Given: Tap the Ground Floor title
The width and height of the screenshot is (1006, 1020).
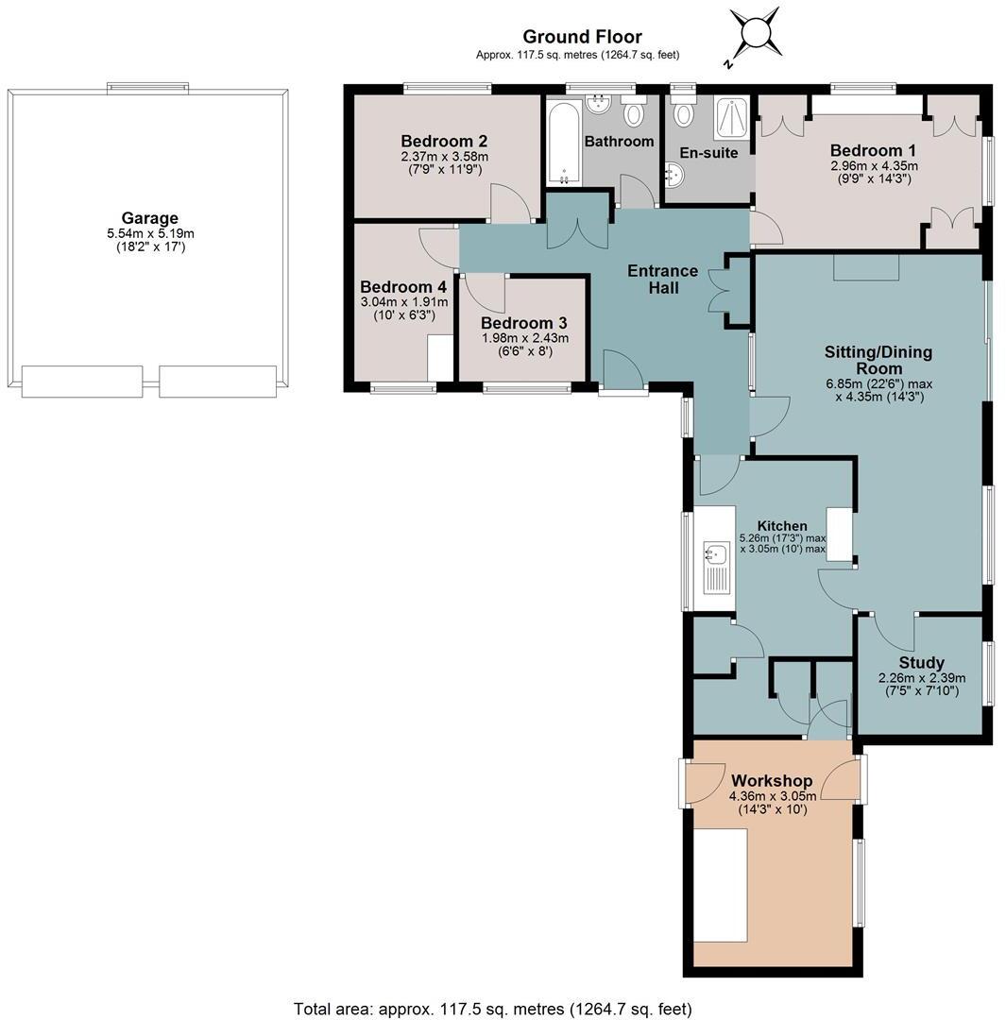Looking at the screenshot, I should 582,37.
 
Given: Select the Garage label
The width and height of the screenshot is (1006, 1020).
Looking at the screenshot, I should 149,218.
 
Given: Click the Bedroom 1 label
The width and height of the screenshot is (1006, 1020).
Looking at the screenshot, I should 873,150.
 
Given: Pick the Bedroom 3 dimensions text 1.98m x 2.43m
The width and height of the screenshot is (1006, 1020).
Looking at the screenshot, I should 524,337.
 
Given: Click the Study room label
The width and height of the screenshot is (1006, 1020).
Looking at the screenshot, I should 921,663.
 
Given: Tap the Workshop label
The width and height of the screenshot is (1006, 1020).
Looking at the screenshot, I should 772,781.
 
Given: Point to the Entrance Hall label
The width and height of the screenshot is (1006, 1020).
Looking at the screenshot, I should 663,279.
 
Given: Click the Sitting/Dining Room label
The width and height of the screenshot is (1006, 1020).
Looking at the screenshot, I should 878,360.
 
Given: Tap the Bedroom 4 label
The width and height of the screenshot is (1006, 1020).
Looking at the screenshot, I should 403,287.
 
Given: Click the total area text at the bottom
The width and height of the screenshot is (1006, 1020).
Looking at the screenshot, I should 492,1009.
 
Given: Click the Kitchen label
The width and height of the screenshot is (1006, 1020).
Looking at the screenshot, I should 782,526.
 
